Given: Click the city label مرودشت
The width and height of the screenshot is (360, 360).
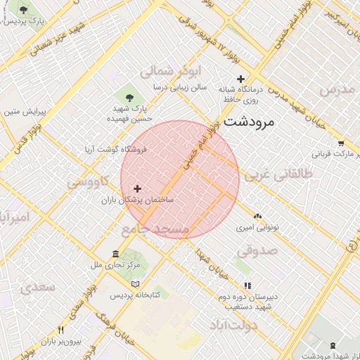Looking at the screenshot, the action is tap(249, 122).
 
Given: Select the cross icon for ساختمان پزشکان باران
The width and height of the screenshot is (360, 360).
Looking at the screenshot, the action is tap(137, 188).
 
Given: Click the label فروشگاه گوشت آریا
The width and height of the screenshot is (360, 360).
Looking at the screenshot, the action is tap(115, 149).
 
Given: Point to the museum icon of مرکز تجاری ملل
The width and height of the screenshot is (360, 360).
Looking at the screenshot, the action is tap(116, 254).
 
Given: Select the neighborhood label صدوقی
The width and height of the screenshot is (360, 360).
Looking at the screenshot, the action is tap(257, 250).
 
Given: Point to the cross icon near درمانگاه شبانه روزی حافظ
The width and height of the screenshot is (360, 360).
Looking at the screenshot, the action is tap(241, 79).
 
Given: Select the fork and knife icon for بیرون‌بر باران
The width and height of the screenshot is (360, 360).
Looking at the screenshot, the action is tap(61, 330).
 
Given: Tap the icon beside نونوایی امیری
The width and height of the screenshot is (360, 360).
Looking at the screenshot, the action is tap(257, 217).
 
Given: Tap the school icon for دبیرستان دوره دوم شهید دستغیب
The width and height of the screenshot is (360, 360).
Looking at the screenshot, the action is tap(247, 285).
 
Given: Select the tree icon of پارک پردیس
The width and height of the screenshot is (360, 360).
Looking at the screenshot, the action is tap(24, 11).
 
